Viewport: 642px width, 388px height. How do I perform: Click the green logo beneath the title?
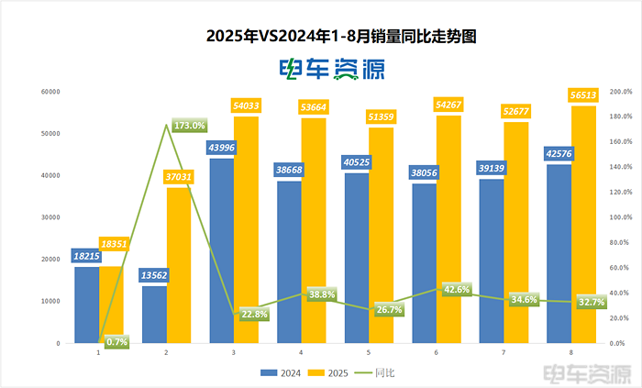coord(331,69)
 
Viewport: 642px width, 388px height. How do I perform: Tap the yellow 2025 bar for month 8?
coord(583,225)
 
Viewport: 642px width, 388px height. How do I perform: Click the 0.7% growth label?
coord(116,341)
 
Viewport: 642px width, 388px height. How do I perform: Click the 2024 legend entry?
coord(280,372)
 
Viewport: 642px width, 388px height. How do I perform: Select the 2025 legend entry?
coord(330,372)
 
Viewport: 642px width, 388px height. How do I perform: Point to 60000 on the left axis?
coord(50,92)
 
